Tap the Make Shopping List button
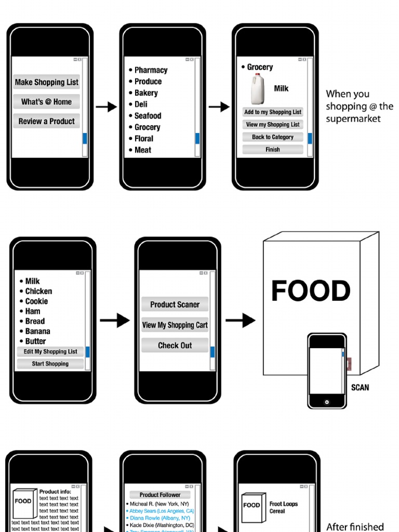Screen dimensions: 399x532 (x=47, y=82)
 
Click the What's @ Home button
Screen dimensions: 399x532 (x=47, y=102)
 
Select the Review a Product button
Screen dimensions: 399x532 (x=47, y=122)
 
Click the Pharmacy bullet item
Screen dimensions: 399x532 (x=151, y=70)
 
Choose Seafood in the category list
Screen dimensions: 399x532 (x=148, y=116)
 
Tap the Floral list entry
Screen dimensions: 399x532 (x=143, y=139)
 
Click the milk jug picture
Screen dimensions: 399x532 (x=259, y=89)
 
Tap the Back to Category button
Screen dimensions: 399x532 (x=273, y=137)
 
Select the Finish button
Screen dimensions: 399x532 (x=273, y=150)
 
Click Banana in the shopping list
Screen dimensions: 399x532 (x=38, y=331)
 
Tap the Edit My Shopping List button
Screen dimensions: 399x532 (x=50, y=352)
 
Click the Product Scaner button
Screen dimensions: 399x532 (x=175, y=304)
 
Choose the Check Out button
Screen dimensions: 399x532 (x=175, y=345)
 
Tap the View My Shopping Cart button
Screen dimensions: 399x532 (x=175, y=325)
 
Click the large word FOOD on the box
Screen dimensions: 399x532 (x=311, y=291)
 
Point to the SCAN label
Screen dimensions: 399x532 (x=360, y=388)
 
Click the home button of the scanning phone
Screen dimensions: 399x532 (x=327, y=402)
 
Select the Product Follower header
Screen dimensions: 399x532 (x=160, y=495)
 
